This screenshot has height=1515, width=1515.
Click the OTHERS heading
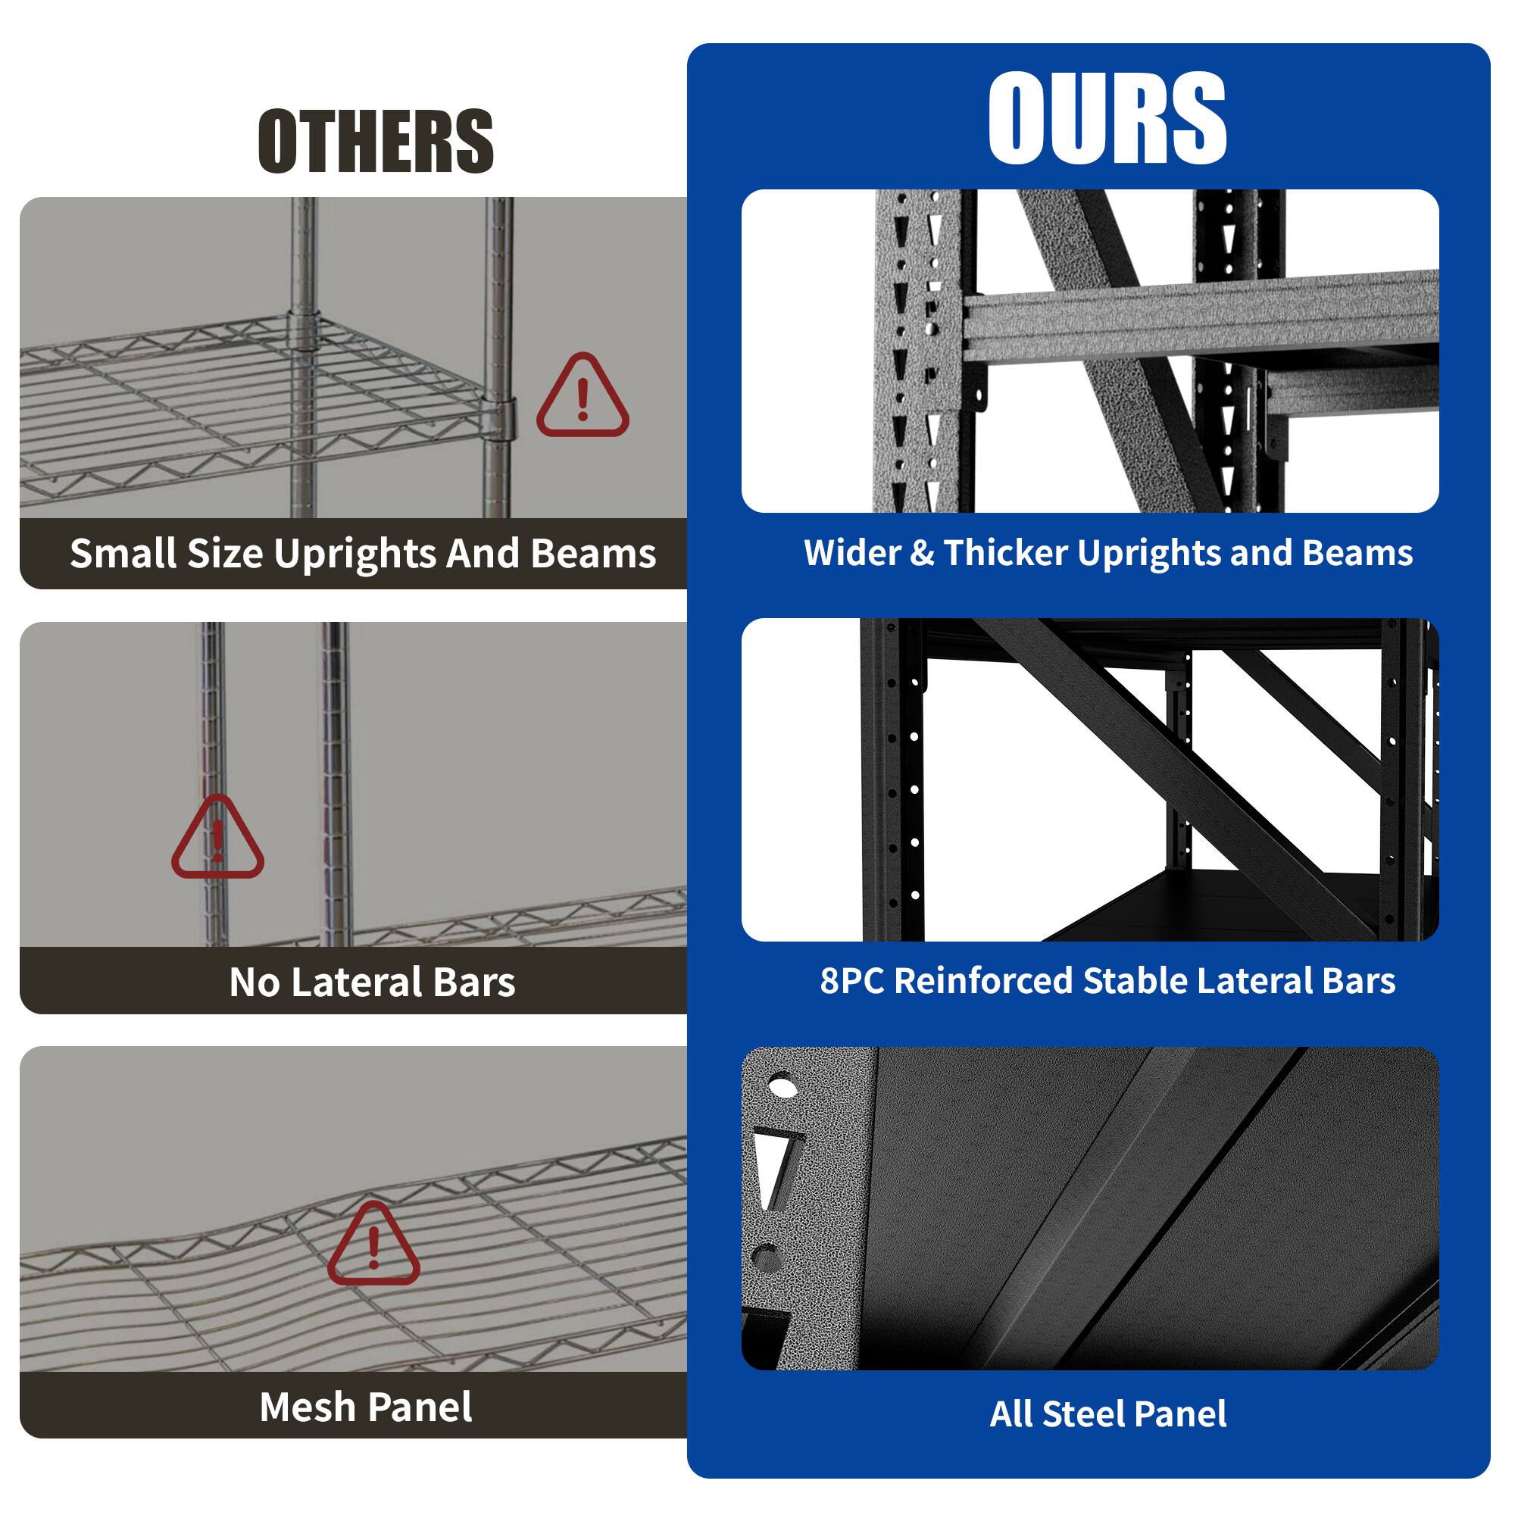[x=376, y=141]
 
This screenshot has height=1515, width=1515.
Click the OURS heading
[x=1107, y=119]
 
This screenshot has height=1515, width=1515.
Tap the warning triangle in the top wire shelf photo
[x=582, y=398]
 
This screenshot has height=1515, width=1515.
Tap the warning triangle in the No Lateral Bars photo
[x=217, y=840]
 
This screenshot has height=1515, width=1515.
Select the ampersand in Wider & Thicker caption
[x=923, y=554]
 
